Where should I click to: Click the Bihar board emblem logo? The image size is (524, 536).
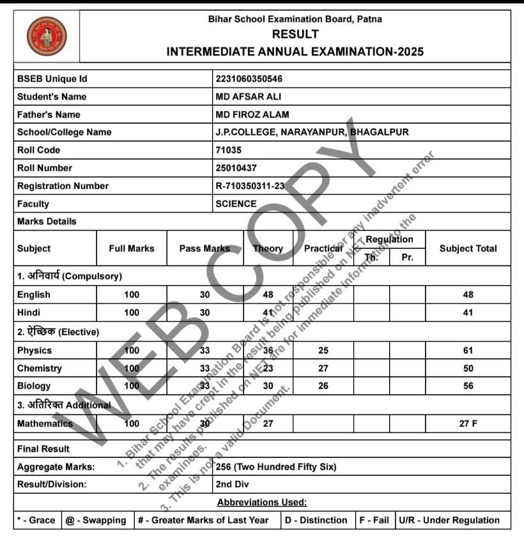(46, 36)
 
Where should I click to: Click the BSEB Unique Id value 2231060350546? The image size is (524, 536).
(249, 79)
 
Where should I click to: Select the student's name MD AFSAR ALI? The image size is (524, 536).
(248, 97)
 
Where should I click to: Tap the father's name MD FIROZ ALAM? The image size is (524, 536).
(252, 115)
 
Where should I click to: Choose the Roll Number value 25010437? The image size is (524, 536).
(236, 168)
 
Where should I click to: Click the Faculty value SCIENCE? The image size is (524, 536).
(236, 204)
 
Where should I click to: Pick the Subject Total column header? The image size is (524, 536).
(468, 249)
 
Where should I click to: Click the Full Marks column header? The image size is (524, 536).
(132, 249)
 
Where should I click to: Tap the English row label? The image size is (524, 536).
(34, 295)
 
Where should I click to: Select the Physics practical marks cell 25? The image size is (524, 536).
(323, 351)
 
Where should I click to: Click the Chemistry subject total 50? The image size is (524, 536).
(468, 369)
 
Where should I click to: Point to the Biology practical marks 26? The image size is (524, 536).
(323, 386)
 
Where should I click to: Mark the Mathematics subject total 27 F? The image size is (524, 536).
(468, 424)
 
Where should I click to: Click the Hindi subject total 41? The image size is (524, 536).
(468, 313)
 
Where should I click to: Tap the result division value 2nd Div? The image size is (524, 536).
(233, 484)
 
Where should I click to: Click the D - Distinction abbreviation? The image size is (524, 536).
(316, 520)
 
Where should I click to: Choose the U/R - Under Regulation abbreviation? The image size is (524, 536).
(449, 520)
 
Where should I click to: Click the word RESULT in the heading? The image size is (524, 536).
(295, 34)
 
